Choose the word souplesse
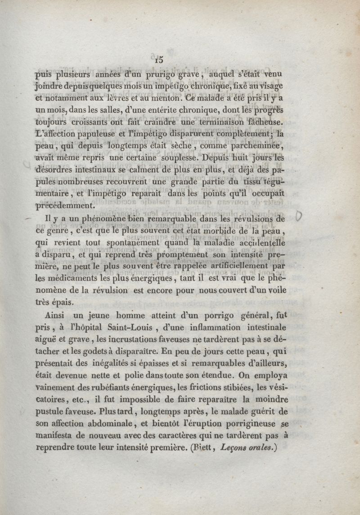177,158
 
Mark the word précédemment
65,206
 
